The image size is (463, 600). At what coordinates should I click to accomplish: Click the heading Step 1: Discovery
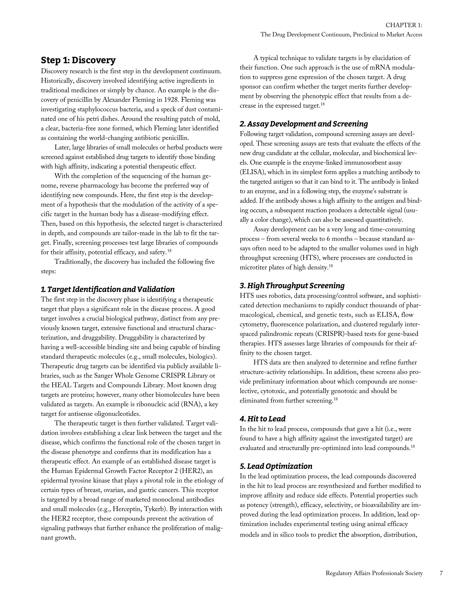[x=78, y=60]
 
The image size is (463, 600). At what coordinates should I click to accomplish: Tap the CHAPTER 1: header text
[x=404, y=25]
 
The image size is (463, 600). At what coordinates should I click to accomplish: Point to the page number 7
[x=441, y=573]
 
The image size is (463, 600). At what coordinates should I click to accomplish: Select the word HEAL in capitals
[x=60, y=385]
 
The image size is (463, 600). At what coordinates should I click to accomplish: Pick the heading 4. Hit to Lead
[x=262, y=419]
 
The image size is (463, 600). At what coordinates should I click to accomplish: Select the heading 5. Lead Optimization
[x=276, y=466]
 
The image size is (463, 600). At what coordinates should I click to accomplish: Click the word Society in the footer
[x=413, y=573]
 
